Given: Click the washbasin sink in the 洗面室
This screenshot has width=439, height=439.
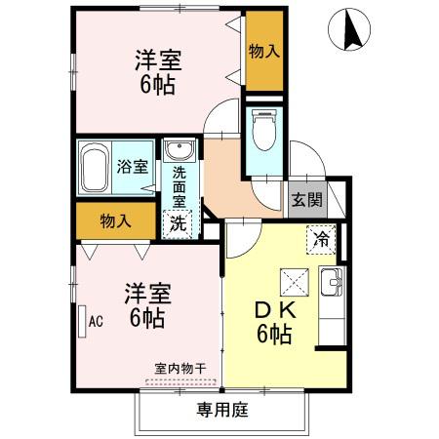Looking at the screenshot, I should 179,150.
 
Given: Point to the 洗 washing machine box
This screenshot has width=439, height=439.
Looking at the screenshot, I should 179,221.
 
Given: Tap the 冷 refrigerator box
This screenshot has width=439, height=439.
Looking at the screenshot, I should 319,237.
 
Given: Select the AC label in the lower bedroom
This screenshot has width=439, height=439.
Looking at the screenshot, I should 96,319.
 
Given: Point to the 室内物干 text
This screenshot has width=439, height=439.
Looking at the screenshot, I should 180,369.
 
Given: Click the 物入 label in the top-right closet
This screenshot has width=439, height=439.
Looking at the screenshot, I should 264,50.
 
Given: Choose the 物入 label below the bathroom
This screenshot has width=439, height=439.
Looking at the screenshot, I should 116,221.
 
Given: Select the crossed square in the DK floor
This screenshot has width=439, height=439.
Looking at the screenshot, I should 294,281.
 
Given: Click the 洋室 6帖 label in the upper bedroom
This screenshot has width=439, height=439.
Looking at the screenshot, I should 156,71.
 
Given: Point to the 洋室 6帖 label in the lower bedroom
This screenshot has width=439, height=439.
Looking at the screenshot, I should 144,304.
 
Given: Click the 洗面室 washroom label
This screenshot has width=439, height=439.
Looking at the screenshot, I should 180,186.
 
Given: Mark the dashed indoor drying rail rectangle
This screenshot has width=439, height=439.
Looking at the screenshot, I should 180,381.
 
